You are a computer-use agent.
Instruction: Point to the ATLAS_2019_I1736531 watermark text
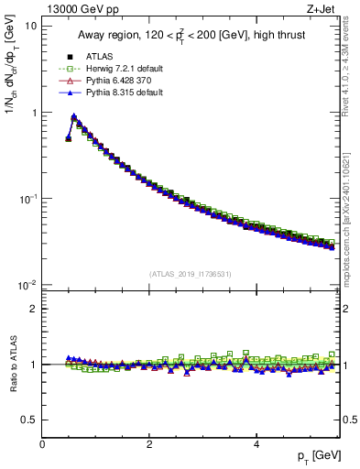tap(191, 274)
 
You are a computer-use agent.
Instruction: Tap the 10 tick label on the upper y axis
tap(30, 27)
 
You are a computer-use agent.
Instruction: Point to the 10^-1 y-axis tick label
tap(27, 198)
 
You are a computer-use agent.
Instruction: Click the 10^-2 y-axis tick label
tap(27, 284)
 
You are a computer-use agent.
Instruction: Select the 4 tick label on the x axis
tap(256, 445)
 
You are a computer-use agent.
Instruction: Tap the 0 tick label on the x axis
tap(42, 445)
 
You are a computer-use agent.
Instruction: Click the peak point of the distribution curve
tap(73, 116)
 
